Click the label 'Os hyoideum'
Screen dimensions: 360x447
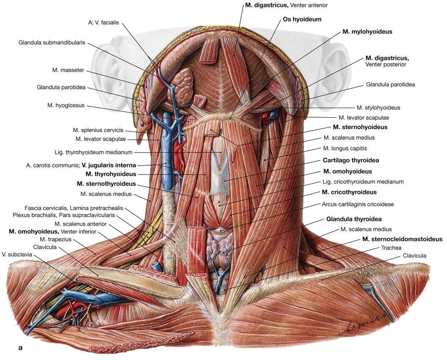click(302, 19)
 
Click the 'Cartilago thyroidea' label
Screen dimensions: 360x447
click(350, 161)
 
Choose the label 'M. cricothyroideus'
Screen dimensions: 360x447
click(349, 192)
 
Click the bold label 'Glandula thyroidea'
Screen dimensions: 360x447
click(354, 219)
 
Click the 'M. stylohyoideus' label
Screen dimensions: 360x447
click(378, 108)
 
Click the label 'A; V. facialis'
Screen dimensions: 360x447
click(104, 23)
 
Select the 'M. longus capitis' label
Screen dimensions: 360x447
click(345, 148)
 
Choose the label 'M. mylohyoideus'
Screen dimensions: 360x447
click(367, 32)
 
